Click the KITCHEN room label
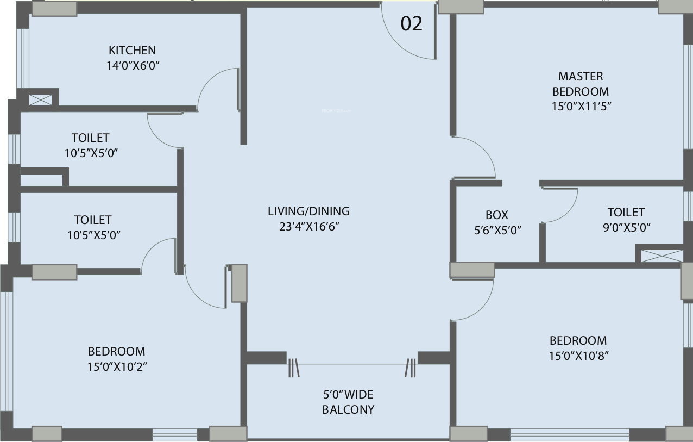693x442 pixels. pyautogui.click(x=132, y=50)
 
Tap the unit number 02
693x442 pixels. pyautogui.click(x=411, y=24)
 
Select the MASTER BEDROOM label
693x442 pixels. pyautogui.click(x=581, y=84)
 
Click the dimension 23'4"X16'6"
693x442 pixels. pyautogui.click(x=310, y=227)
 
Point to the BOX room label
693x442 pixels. pyautogui.click(x=497, y=215)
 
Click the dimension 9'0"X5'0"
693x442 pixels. pyautogui.click(x=627, y=228)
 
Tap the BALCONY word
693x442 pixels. pyautogui.click(x=348, y=410)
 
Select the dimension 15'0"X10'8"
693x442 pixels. pyautogui.click(x=578, y=356)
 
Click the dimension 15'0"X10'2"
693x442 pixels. pyautogui.click(x=117, y=367)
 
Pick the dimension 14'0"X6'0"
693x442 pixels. pyautogui.click(x=133, y=66)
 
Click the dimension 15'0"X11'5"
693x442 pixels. pyautogui.click(x=581, y=107)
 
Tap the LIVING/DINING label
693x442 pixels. pyautogui.click(x=309, y=211)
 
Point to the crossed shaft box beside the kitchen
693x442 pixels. pyautogui.click(x=41, y=100)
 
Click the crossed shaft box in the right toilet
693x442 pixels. pyautogui.click(x=661, y=256)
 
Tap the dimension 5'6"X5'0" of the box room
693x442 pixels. pyautogui.click(x=498, y=231)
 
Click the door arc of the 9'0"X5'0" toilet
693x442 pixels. pyautogui.click(x=569, y=212)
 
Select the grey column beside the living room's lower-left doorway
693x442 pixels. pyautogui.click(x=239, y=283)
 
